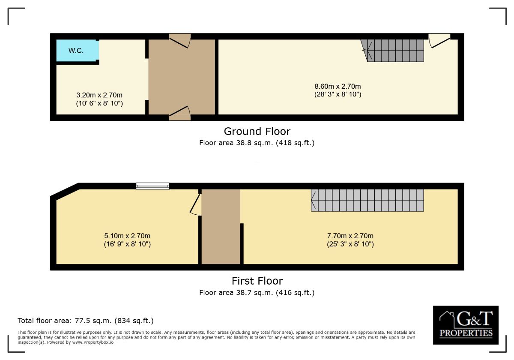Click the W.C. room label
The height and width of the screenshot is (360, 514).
tap(76, 51)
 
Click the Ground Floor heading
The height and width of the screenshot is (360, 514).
tap(257, 131)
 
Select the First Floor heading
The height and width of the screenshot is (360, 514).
tap(257, 281)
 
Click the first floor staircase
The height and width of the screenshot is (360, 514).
tap(368, 200)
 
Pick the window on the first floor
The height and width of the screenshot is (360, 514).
tap(152, 186)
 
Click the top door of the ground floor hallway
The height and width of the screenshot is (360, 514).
tap(180, 41)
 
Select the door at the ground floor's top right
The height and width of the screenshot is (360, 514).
tap(439, 40)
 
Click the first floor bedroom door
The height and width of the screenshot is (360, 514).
tap(196, 204)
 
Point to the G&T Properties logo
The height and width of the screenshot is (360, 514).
tap(466, 325)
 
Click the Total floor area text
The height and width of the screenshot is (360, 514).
tap(85, 321)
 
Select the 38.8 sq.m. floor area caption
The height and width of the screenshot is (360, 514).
tap(257, 143)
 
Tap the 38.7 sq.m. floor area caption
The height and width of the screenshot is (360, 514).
tap(257, 293)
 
